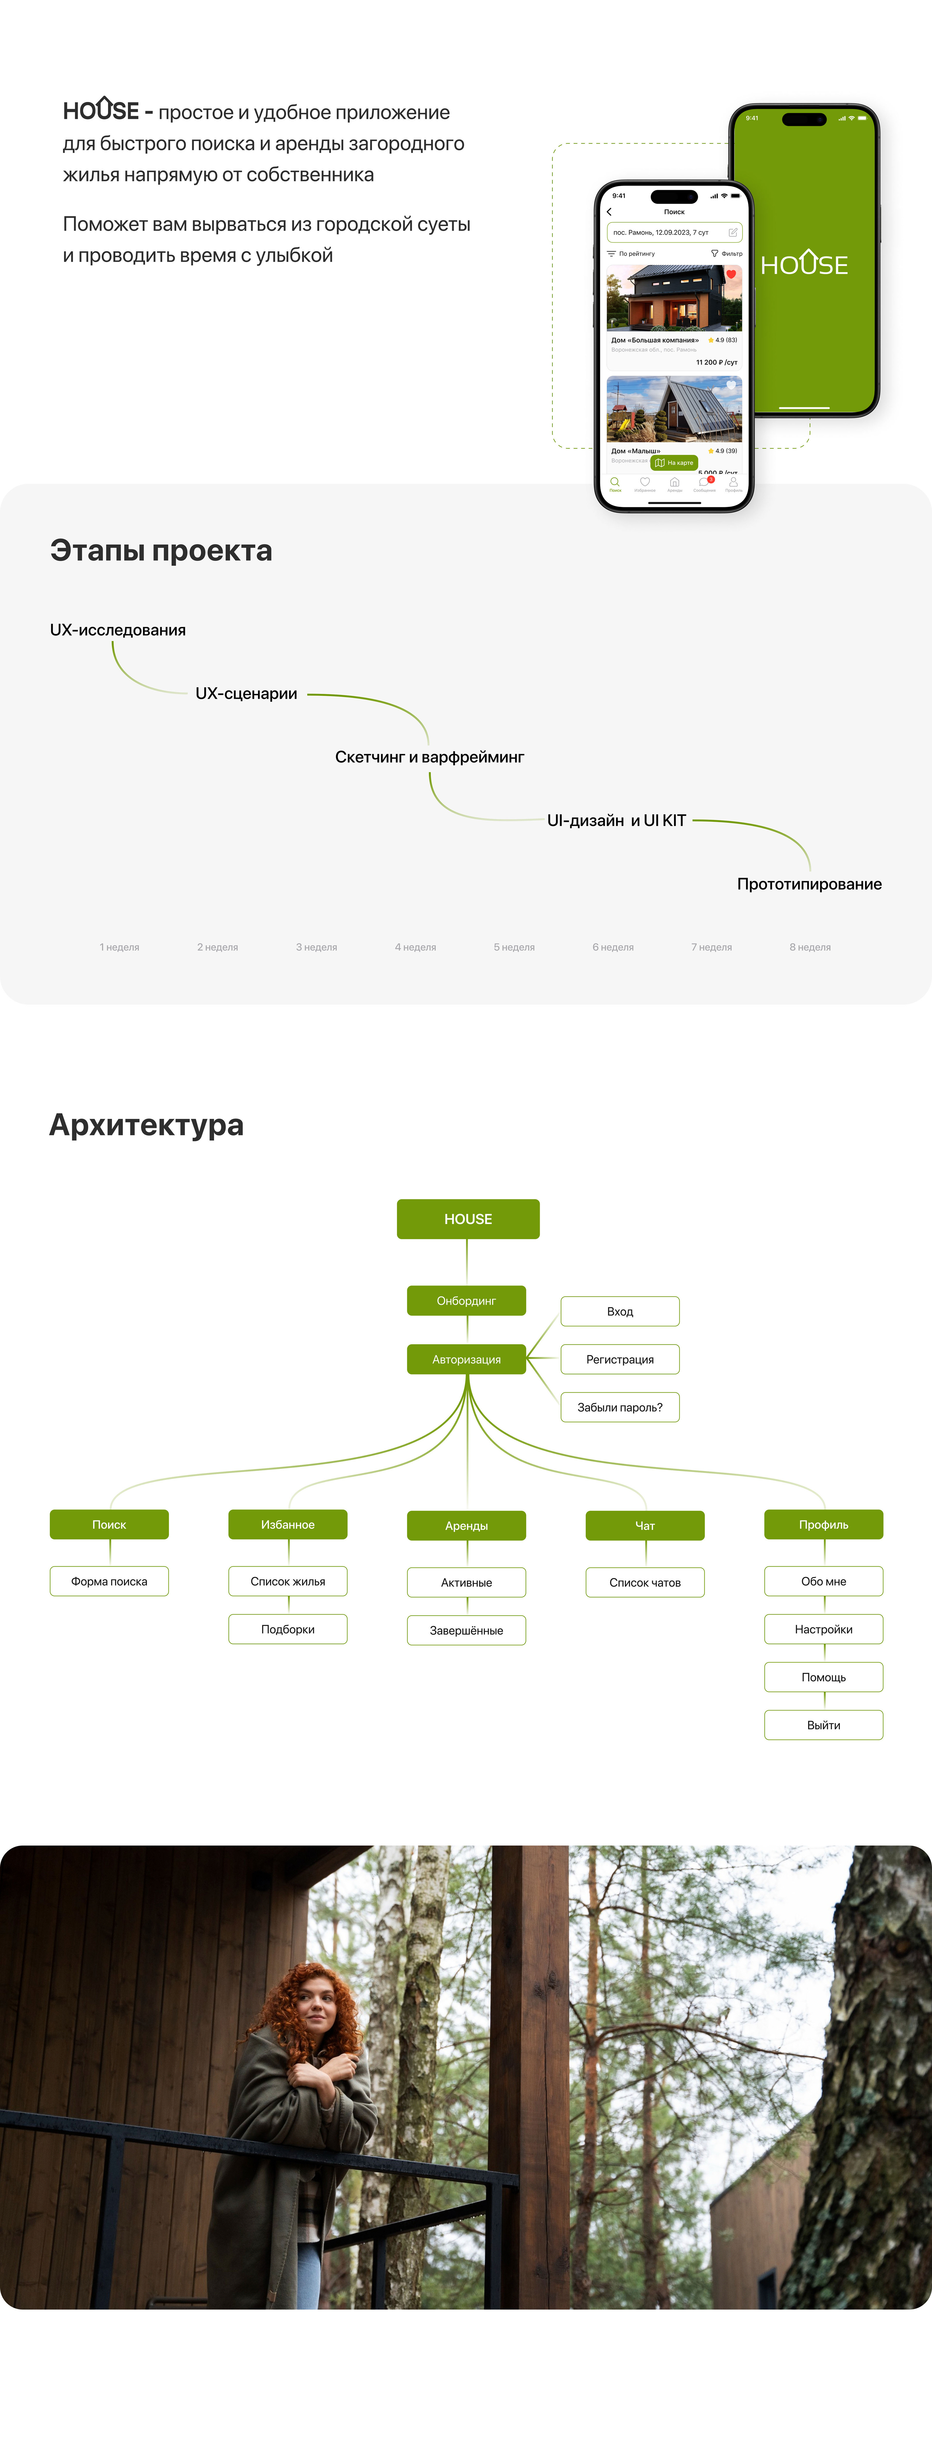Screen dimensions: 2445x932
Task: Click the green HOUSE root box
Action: [x=468, y=1219]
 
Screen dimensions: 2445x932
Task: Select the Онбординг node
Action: [x=466, y=1300]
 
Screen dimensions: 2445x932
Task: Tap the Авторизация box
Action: [x=466, y=1359]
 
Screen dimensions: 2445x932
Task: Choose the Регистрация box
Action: [x=620, y=1359]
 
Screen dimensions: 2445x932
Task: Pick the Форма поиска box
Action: [x=109, y=1581]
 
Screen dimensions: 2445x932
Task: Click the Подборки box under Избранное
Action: [x=287, y=1629]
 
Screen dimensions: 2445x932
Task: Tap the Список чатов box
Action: [x=645, y=1582]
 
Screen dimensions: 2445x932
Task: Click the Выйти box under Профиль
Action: [x=823, y=1725]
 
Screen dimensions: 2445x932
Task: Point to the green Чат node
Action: [x=645, y=1525]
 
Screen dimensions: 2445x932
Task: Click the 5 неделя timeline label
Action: [x=513, y=947]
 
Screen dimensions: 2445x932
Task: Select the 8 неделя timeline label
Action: [x=810, y=947]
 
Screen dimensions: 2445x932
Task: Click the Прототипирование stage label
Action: [x=809, y=884]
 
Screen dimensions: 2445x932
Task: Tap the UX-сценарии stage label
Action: [x=246, y=694]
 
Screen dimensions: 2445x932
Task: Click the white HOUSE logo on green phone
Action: [x=804, y=264]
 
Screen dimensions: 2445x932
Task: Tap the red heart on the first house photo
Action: [x=731, y=274]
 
